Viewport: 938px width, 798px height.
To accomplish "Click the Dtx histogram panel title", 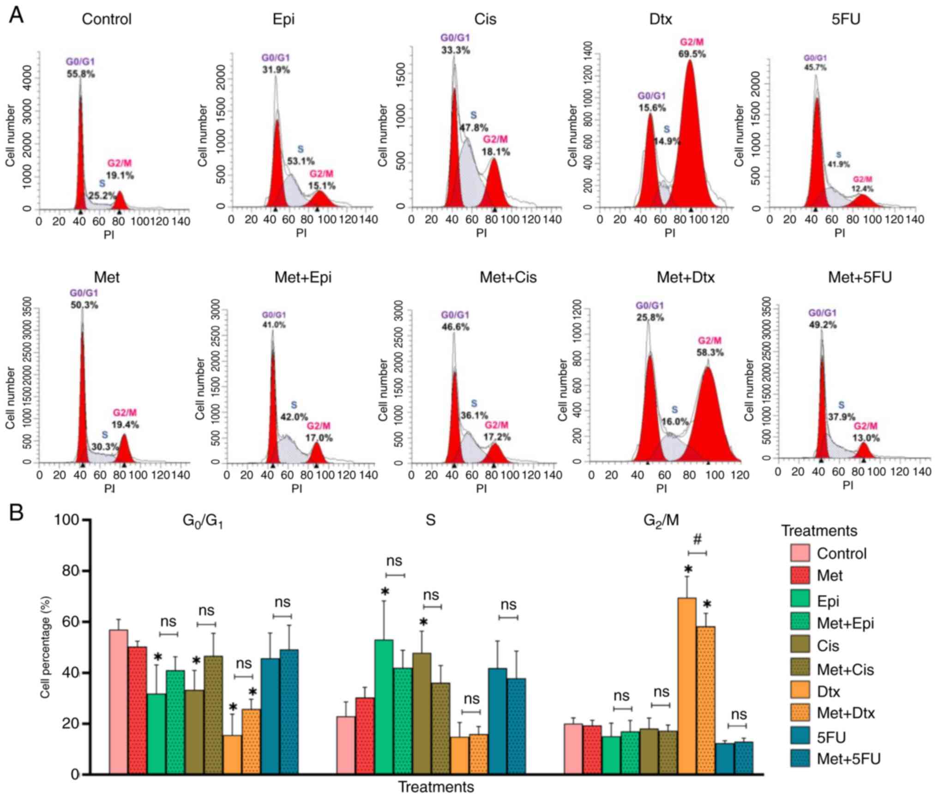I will point(661,19).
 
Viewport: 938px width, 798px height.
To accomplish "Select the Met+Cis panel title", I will point(508,277).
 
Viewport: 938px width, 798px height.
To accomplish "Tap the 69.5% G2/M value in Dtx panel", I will point(691,54).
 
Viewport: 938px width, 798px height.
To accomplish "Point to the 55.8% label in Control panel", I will point(81,73).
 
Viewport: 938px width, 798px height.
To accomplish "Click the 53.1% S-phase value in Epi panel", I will point(301,161).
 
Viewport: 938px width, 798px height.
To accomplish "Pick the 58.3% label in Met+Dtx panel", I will point(710,352).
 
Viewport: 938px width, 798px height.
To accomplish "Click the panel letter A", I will point(17,16).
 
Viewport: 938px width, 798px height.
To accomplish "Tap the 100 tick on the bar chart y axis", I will point(67,520).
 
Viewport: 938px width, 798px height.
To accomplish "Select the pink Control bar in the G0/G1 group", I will point(119,702).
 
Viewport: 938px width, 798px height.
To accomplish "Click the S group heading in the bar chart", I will point(430,520).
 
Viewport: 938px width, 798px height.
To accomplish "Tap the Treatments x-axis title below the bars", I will point(436,787).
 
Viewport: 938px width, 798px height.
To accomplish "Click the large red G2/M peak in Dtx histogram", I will point(690,138).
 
